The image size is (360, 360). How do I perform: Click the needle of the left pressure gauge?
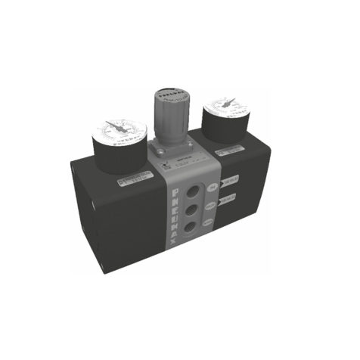(x=116, y=126)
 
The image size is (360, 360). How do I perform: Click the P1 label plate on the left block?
(x=133, y=181)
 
